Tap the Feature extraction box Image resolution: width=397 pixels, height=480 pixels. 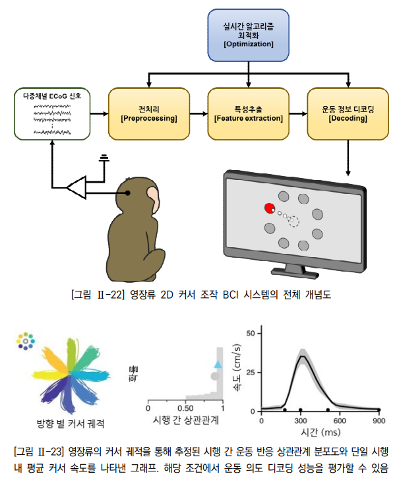(x=249, y=113)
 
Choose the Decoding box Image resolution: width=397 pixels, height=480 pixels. (x=347, y=113)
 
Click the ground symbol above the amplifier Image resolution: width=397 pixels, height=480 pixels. (x=104, y=158)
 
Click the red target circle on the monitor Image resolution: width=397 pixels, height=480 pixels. (x=269, y=209)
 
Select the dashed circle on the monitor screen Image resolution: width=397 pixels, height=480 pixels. (x=293, y=222)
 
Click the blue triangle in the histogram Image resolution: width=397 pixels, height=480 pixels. (x=218, y=363)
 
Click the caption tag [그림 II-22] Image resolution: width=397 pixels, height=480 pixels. (x=96, y=295)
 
